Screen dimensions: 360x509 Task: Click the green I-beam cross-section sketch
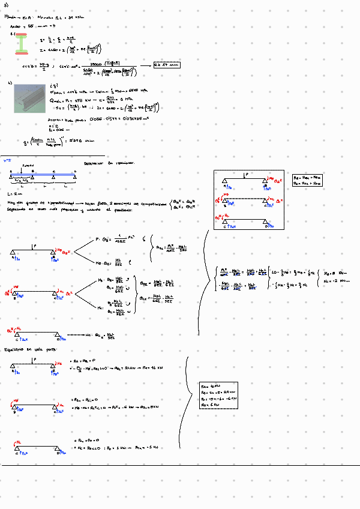tap(22, 44)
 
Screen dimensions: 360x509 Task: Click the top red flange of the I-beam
tap(22, 36)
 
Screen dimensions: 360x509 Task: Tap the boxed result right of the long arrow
tap(166, 65)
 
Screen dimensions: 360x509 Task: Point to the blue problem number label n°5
tap(7, 160)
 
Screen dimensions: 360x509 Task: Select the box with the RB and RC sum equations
tap(307, 181)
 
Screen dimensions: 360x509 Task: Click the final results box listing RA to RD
tap(218, 395)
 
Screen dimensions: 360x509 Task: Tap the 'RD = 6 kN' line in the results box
tap(211, 406)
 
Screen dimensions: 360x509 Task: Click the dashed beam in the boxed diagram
tap(245, 199)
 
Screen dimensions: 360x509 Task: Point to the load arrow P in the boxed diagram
tap(245, 175)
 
